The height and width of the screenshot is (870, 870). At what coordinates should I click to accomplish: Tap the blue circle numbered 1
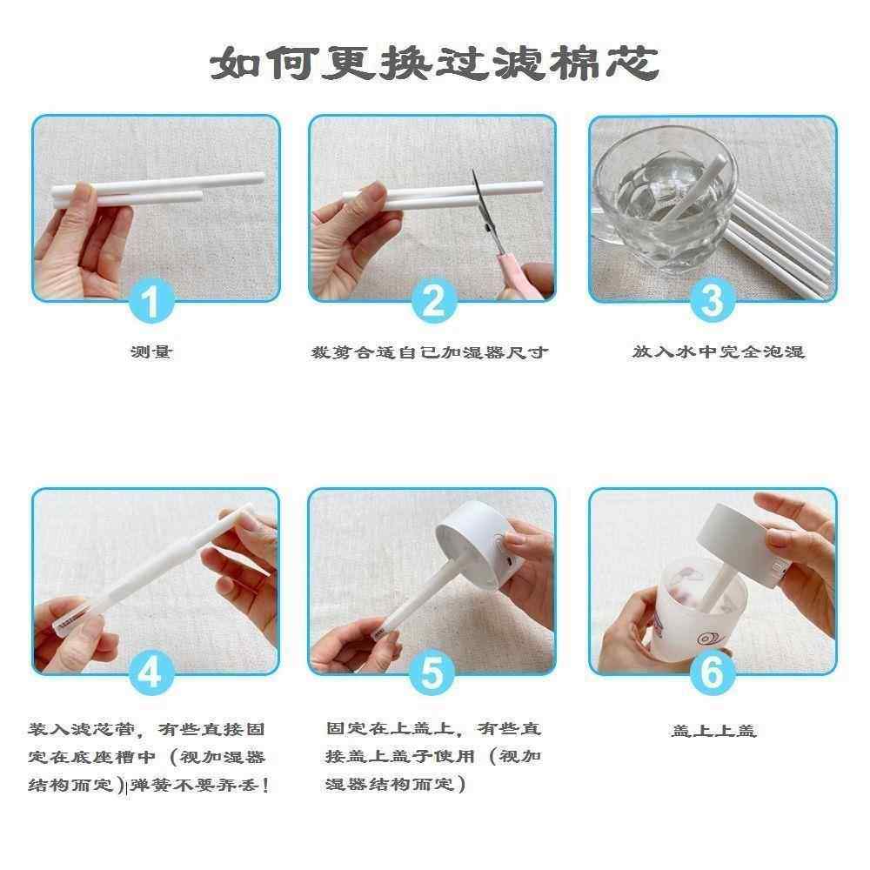tap(152, 302)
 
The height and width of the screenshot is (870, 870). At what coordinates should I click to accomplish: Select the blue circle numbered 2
tap(432, 302)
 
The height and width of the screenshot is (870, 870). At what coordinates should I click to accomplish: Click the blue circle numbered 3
tap(712, 302)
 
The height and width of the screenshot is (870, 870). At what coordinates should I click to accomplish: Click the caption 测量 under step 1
tap(151, 352)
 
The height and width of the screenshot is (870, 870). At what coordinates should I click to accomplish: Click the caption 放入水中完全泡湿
tap(718, 352)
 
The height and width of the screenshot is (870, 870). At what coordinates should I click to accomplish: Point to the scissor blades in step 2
tap(479, 202)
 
